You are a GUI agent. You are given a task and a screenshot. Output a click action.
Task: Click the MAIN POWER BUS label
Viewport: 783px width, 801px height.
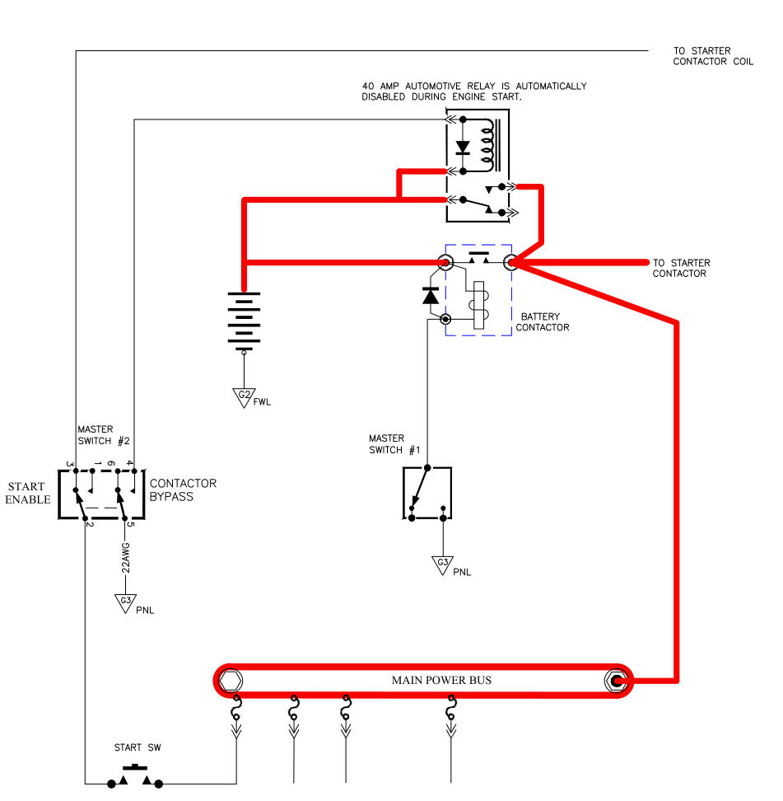coord(441,680)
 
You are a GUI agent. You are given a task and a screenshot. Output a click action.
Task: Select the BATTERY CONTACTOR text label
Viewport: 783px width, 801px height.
coord(543,321)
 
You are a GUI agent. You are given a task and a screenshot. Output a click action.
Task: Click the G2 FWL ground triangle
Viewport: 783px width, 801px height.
coord(244,397)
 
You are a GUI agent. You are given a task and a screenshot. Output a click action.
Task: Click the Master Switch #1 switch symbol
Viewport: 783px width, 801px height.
coord(427,493)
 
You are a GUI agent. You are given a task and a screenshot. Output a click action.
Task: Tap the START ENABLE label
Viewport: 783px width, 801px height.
coord(27,493)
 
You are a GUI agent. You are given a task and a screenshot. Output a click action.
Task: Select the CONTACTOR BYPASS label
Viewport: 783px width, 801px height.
coord(183,489)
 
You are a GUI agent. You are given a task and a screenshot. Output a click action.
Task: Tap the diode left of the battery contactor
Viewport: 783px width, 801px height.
coord(430,295)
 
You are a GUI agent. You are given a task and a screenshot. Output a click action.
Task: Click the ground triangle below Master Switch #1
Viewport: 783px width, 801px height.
coord(443,565)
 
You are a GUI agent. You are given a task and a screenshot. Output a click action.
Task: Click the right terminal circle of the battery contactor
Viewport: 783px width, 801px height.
coord(511,263)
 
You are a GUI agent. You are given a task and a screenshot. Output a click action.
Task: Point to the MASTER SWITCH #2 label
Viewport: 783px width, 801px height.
coord(104,435)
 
